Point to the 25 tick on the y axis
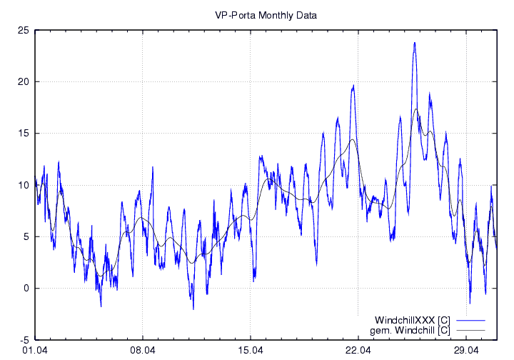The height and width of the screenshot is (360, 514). [x=23, y=30]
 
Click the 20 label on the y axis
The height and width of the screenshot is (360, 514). [x=23, y=81]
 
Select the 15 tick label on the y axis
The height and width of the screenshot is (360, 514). [x=23, y=134]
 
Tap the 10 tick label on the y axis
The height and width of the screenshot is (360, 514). [x=23, y=185]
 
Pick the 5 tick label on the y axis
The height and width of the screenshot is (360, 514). [x=25, y=236]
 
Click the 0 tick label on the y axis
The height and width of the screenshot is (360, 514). [x=25, y=289]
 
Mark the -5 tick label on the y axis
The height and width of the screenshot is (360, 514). [x=24, y=340]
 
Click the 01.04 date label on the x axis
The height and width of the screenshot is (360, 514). [x=35, y=351]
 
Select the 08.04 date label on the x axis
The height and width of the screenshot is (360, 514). [x=143, y=351]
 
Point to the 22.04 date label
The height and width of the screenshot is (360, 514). [x=358, y=351]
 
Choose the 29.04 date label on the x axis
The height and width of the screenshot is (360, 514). [x=466, y=351]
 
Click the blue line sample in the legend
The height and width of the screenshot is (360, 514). [x=471, y=320]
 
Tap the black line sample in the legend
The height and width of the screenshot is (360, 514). [x=471, y=330]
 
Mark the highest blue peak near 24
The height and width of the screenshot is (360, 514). [x=414, y=43]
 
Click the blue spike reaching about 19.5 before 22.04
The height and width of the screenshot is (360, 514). [x=353, y=86]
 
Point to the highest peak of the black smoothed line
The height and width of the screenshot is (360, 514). [x=416, y=109]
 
